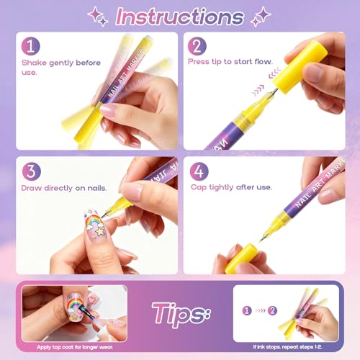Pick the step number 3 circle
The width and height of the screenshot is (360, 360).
[x=31, y=173]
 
